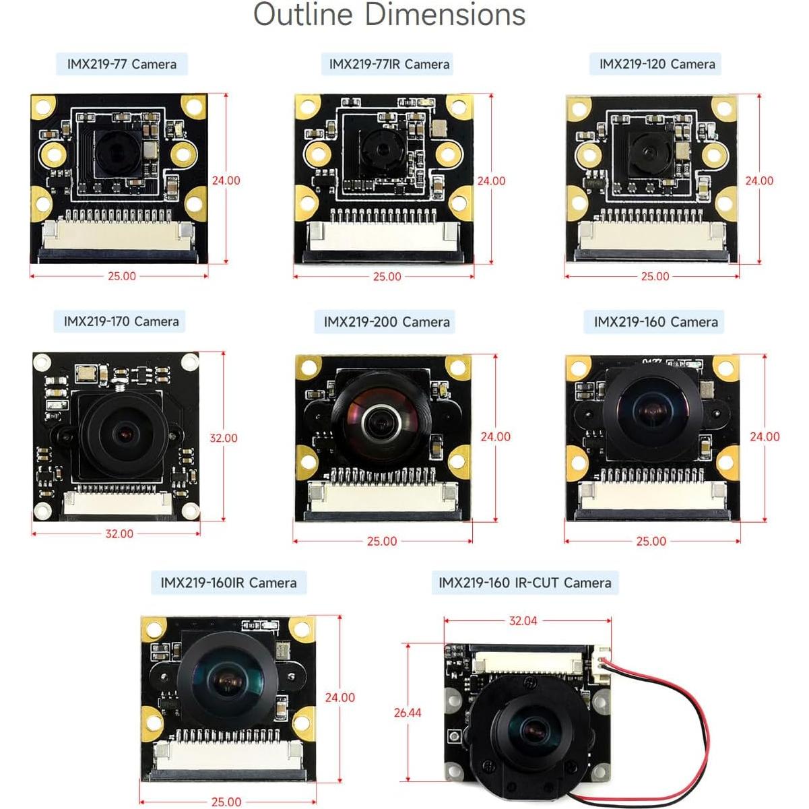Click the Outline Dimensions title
(389, 15)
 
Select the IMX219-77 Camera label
(122, 65)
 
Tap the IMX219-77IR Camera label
(389, 65)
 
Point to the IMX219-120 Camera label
(657, 65)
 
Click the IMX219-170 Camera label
(121, 321)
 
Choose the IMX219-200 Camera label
(387, 322)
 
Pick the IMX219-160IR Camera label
(228, 583)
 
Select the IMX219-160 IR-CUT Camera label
(525, 583)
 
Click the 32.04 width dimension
(523, 621)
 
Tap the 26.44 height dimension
(408, 713)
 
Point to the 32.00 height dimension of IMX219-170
(223, 438)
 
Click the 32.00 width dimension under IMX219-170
(119, 533)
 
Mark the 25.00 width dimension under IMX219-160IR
(226, 802)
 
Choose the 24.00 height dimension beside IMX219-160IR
(339, 698)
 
